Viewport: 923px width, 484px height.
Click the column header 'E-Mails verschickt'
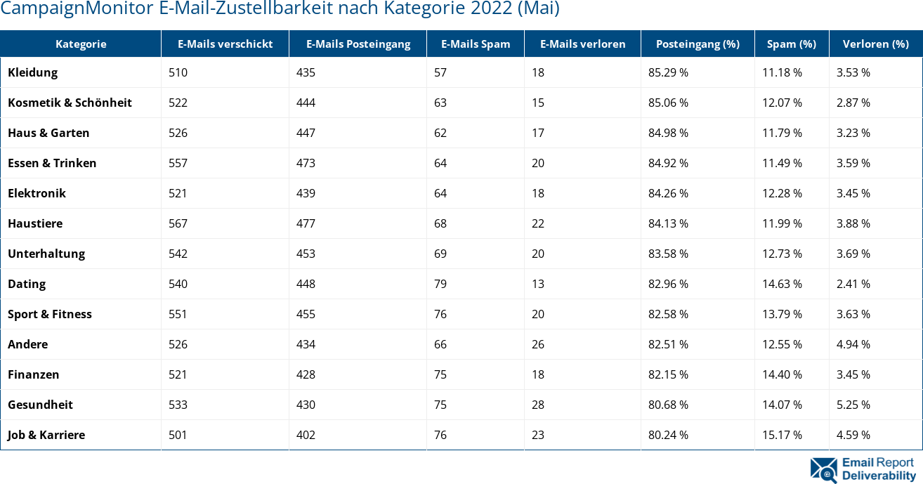[x=225, y=44]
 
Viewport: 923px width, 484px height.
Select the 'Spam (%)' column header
[x=791, y=44]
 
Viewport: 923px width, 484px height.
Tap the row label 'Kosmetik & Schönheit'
[x=70, y=103]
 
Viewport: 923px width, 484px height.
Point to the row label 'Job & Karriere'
[x=46, y=435]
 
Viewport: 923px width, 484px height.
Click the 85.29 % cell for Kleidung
[x=668, y=72]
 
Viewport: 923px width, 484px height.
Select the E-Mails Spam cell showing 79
[x=440, y=284]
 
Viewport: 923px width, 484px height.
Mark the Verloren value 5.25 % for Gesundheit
[x=853, y=405]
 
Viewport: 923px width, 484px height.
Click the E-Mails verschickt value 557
[x=178, y=163]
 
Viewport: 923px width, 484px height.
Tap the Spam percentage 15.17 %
[x=782, y=435]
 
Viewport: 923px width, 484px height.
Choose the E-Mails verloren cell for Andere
[x=538, y=344]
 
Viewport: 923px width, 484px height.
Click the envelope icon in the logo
[x=823, y=470]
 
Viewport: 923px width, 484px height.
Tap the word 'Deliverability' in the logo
[x=879, y=476]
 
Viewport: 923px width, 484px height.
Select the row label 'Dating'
[x=27, y=284]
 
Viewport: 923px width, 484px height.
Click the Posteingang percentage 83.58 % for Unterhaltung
[x=668, y=254]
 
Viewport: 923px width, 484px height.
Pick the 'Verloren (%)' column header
[x=875, y=44]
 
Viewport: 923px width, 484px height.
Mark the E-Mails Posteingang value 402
[x=306, y=435]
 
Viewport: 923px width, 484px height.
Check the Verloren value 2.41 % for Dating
[x=853, y=284]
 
